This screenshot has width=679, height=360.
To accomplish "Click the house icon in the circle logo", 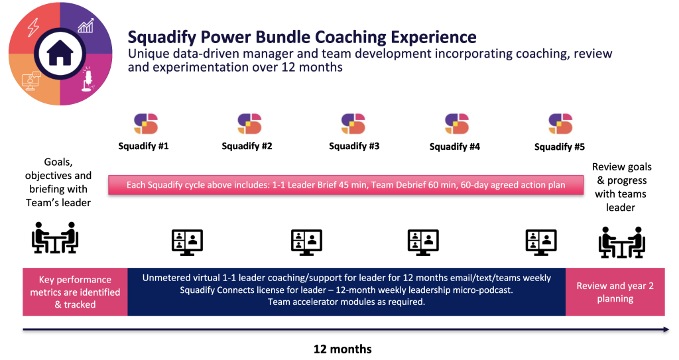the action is [x=60, y=53].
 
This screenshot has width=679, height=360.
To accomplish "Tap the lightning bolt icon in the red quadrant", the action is [x=33, y=27].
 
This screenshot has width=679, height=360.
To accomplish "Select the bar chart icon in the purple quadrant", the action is [x=86, y=26].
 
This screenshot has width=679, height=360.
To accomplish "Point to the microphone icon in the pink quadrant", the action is [x=88, y=79].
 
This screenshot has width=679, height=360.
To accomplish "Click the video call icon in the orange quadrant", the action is [x=31, y=81].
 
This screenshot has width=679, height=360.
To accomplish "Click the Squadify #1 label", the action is [x=143, y=146].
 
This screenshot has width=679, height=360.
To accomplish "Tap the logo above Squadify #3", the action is [x=353, y=124].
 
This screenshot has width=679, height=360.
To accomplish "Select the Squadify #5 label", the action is [x=560, y=147].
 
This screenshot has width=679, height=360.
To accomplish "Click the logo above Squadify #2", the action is [x=249, y=124].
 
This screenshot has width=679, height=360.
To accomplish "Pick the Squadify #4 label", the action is [x=455, y=147].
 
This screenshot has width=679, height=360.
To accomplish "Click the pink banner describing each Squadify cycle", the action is [x=345, y=185].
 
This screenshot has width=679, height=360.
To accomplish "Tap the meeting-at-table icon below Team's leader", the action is [x=55, y=237].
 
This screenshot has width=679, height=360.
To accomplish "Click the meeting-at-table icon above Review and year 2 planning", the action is [x=622, y=242].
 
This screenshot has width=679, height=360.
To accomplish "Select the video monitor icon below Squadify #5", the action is [x=541, y=242].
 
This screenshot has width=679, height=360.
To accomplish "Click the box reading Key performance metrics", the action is [x=76, y=292].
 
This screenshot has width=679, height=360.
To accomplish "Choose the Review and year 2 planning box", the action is [x=615, y=292].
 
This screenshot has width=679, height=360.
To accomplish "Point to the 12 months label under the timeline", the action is [x=343, y=349].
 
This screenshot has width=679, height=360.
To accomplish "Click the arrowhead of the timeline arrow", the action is [x=666, y=330].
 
